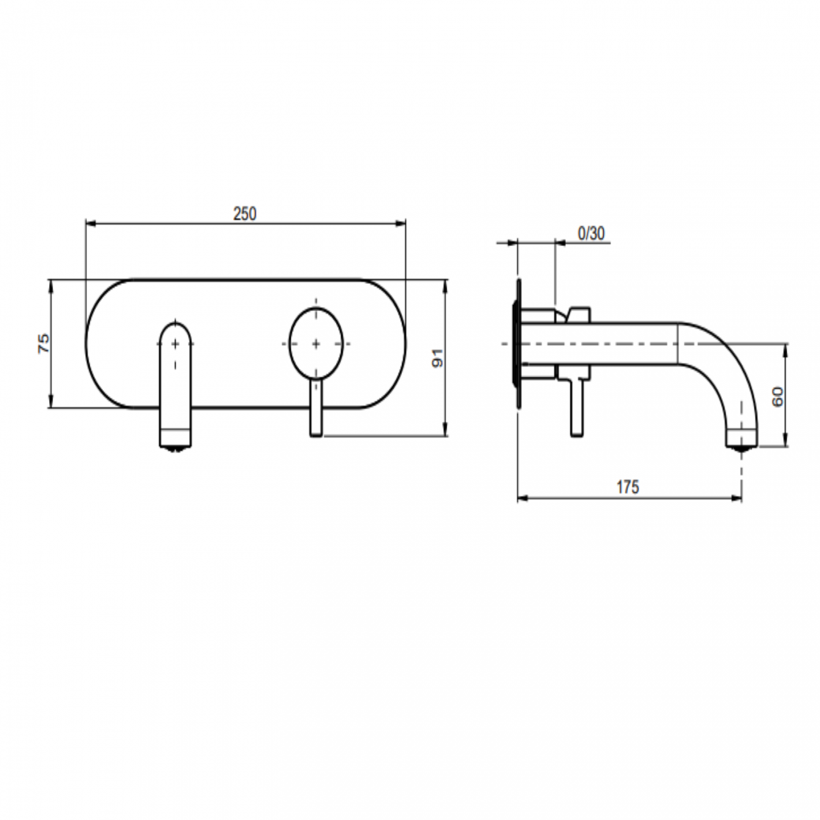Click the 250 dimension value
(245, 214)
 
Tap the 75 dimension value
(44, 344)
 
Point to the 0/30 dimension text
(591, 233)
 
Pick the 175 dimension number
(628, 487)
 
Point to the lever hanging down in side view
(576, 409)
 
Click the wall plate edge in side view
(518, 344)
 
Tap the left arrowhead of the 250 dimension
(89, 223)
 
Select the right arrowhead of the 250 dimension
(402, 223)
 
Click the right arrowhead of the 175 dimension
(738, 498)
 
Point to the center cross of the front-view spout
(175, 344)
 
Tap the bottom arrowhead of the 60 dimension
(785, 442)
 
